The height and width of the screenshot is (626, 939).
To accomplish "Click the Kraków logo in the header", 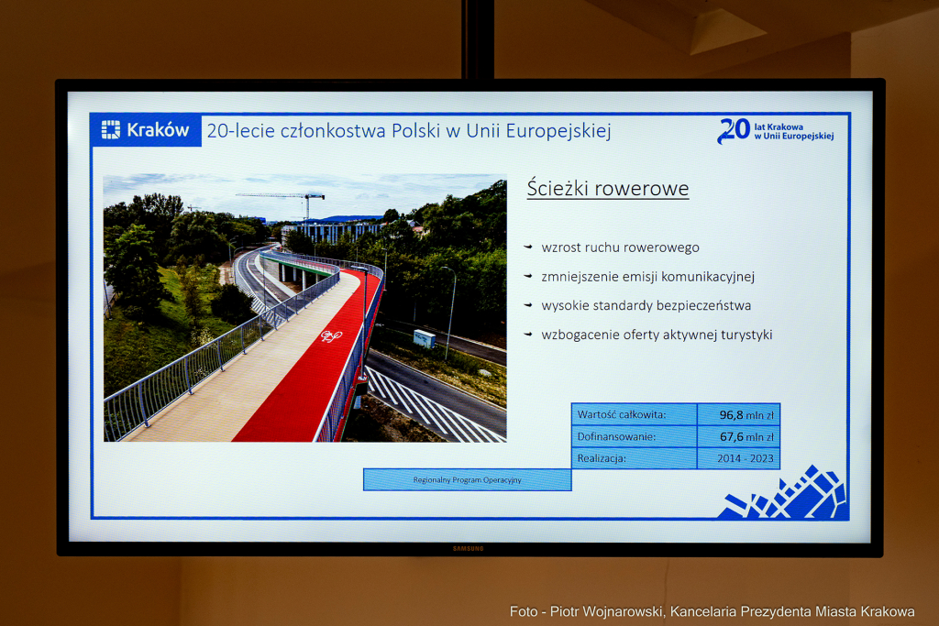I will coord(146,130).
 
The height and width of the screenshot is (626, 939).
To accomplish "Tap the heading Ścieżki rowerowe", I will coord(607,189).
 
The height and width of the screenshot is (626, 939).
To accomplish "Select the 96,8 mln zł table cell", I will coord(738,414).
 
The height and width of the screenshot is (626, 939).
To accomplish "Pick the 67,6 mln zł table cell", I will coord(738,436).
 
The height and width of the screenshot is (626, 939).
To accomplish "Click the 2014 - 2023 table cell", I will coord(738,458).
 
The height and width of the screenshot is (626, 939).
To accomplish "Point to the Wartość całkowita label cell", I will coord(634,414).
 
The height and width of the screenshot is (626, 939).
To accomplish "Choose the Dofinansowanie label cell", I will coord(634,436).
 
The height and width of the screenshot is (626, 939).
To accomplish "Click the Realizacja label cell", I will coord(634,458).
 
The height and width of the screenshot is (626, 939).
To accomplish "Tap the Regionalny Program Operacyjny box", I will coord(467,479).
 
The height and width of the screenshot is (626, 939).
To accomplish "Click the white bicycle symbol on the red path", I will coord(331,336).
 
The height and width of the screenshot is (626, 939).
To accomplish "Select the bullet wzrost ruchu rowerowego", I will coord(620,247).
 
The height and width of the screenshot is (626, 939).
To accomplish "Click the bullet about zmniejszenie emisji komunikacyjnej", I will coord(647,276).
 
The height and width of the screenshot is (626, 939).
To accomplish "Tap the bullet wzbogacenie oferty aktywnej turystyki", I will coord(657,335).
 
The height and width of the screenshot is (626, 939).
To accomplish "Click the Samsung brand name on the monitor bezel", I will coord(468,549).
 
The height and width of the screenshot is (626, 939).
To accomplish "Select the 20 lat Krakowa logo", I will coord(775,130).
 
